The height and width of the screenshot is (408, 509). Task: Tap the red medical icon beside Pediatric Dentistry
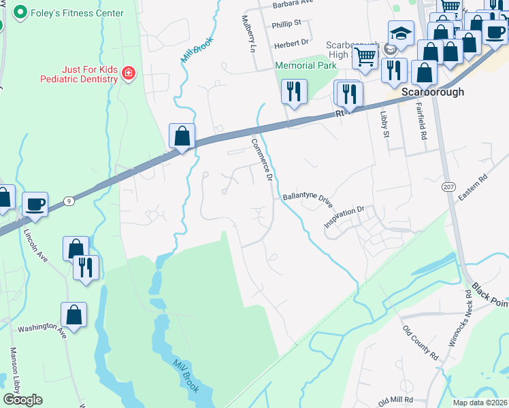(x=128, y=72)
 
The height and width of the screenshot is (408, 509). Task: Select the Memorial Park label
(x=306, y=66)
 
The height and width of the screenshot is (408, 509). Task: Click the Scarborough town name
(x=433, y=92)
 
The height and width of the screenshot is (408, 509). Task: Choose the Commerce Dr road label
(x=262, y=160)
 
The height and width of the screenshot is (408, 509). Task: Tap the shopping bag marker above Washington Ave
(x=73, y=315)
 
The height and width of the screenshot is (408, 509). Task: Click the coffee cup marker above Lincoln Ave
(x=35, y=203)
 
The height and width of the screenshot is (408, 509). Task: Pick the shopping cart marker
(x=365, y=56)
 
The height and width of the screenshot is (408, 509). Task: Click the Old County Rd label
(x=420, y=342)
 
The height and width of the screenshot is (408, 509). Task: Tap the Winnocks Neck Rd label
(x=459, y=317)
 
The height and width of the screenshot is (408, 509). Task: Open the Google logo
(x=23, y=400)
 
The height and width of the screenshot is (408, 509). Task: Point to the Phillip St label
(x=286, y=23)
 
